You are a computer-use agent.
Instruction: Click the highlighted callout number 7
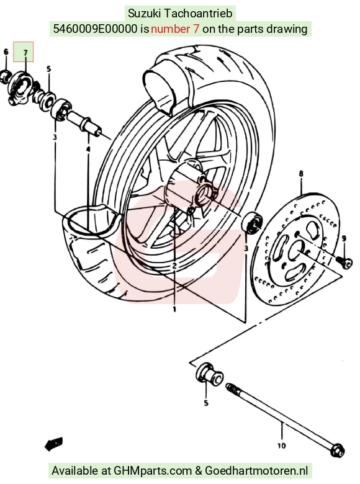(x=25, y=53)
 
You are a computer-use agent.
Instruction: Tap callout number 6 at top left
(x=6, y=52)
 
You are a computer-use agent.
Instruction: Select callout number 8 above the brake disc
(x=301, y=174)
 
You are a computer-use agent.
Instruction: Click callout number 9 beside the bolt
(x=344, y=238)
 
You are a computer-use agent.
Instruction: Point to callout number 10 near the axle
(x=281, y=446)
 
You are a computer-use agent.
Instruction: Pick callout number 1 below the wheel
(x=174, y=309)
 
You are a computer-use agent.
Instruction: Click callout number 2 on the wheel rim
(x=174, y=266)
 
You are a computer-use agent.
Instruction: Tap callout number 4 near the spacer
(x=88, y=150)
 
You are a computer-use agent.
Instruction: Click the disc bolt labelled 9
(x=344, y=262)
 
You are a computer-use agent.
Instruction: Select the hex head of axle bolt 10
(x=337, y=450)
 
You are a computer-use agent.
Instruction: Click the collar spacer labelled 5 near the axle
(x=209, y=375)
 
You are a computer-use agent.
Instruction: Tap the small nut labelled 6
(x=5, y=76)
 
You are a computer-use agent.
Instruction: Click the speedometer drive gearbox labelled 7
(x=20, y=88)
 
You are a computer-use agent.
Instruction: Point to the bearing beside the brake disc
(x=252, y=223)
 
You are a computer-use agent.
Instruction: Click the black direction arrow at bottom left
(x=54, y=444)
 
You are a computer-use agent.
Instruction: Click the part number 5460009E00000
(x=95, y=29)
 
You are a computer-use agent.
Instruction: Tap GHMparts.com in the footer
(x=153, y=471)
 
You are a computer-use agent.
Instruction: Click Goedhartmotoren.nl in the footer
(x=256, y=470)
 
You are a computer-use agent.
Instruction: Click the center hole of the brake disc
(x=297, y=248)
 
